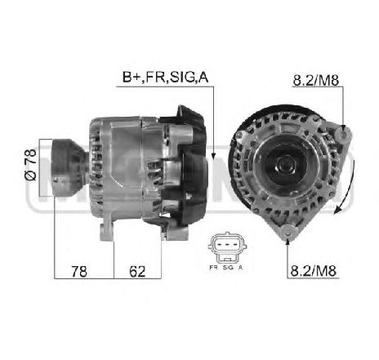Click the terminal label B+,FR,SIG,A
tap(165, 78)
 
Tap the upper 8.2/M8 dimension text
tap(315, 80)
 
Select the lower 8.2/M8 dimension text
tap(314, 271)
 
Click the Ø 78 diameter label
tap(30, 164)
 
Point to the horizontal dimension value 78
tap(79, 271)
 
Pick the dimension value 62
tap(137, 271)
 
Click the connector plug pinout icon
tap(227, 247)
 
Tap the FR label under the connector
tap(213, 268)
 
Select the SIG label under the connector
tap(228, 268)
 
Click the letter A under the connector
tap(240, 268)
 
